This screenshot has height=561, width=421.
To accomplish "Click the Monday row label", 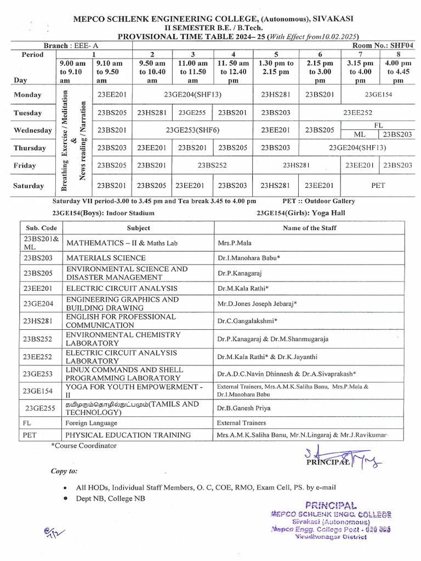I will (27, 95).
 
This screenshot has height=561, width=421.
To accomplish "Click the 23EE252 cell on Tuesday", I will (357, 113).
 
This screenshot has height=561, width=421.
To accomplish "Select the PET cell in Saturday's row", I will (378, 185).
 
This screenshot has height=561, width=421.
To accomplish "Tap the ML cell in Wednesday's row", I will (359, 134).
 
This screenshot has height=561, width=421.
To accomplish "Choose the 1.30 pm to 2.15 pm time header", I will (276, 67).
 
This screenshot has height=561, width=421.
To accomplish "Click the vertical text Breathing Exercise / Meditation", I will (64, 141).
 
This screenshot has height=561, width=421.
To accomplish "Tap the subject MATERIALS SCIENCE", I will (106, 257).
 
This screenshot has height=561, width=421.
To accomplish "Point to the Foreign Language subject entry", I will (91, 423).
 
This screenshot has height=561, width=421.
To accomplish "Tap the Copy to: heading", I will (64, 471).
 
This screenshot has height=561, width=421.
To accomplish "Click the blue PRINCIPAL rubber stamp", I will (331, 520).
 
